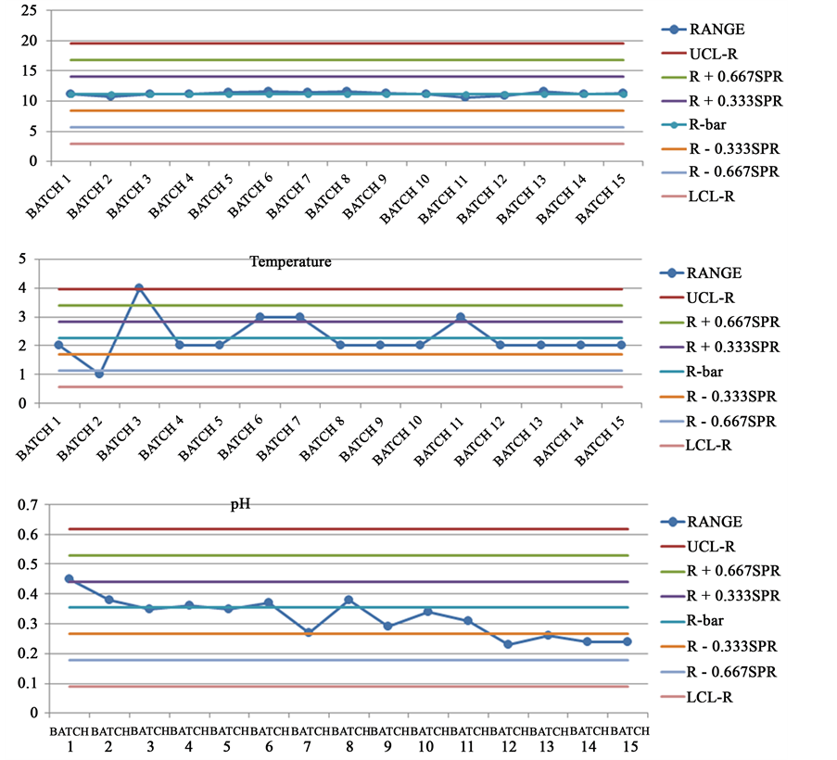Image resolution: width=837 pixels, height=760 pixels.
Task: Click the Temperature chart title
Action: (x=290, y=262)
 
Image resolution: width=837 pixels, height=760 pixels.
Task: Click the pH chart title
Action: (x=241, y=507)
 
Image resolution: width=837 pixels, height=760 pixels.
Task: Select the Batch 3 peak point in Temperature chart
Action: (x=139, y=287)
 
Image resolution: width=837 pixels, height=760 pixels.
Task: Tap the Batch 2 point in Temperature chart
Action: (x=99, y=374)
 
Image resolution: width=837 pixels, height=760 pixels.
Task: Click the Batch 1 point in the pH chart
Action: (x=70, y=578)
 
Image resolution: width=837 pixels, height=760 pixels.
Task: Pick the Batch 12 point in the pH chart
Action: (x=508, y=644)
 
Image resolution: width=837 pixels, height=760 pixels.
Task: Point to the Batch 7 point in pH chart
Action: (x=309, y=632)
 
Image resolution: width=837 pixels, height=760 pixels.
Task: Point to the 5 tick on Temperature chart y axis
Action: (x=33, y=260)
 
